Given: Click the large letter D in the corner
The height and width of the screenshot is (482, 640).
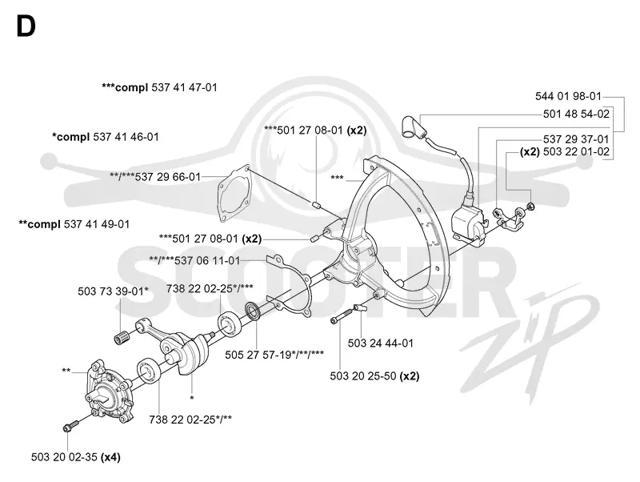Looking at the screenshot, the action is coord(26,26).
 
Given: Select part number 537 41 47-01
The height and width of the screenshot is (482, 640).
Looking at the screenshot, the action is coord(184,87).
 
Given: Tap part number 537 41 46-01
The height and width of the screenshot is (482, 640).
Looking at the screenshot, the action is coord(126,137).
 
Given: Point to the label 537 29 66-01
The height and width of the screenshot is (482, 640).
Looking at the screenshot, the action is coord(168,177).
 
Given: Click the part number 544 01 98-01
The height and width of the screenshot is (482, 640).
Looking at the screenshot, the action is coord(568,96).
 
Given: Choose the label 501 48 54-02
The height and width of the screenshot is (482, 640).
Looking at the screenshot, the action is coord(576,114).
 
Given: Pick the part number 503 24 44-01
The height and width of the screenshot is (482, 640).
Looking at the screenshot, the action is coord(381,343).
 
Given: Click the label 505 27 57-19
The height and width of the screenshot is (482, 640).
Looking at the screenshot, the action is coord(258,355).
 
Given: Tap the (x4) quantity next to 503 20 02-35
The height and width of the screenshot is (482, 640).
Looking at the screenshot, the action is coord(110,457).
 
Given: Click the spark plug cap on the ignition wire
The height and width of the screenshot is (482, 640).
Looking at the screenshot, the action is coord(413,128).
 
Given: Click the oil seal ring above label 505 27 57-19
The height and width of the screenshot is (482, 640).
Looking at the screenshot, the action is coord(254,311).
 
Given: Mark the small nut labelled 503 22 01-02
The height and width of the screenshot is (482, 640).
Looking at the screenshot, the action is coord(530,206).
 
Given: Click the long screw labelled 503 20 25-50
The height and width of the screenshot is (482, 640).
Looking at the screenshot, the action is coord(342,315).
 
